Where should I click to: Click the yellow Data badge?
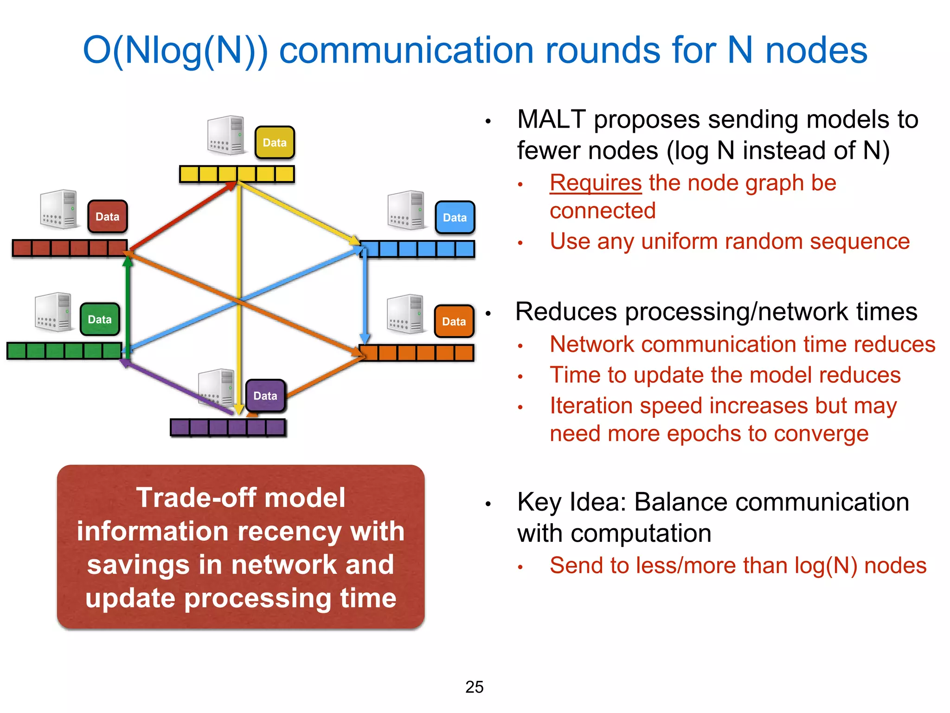pos(275,143)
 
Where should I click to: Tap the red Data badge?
pos(107,216)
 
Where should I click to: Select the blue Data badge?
pos(455,217)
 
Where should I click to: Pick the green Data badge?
pos(100,319)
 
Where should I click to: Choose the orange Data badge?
pos(454,321)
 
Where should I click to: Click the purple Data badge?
pos(265,395)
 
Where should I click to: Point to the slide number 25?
pos(474,687)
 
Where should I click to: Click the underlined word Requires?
pos(596,183)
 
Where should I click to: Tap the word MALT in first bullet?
pos(551,120)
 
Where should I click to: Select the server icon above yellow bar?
pos(226,135)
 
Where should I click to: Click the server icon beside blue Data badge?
pos(406,210)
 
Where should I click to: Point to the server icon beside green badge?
pos(54,312)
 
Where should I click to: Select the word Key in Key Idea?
pos(539,503)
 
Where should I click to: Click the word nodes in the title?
pos(816,51)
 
